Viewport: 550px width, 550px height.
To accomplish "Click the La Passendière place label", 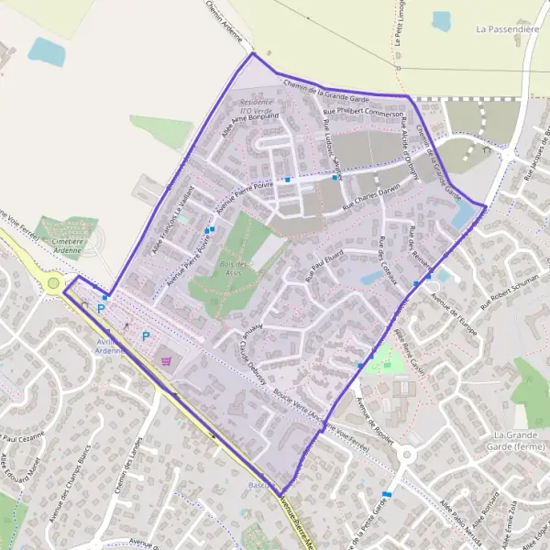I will [x=506, y=29].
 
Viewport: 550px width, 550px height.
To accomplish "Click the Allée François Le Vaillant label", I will [x=173, y=220].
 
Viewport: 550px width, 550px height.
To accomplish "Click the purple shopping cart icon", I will [x=165, y=361].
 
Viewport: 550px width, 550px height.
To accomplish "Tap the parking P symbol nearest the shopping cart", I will [x=145, y=336].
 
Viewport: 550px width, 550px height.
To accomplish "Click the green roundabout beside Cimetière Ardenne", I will [x=53, y=283].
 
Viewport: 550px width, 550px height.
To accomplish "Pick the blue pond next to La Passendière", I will [x=442, y=20].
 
